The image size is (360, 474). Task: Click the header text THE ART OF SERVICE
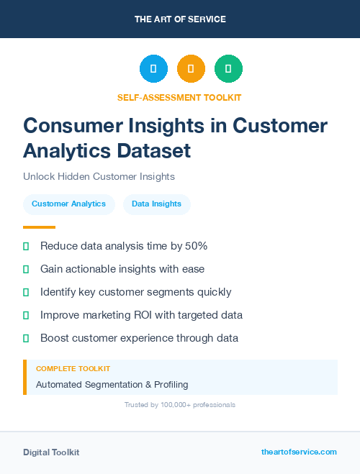point(180,19)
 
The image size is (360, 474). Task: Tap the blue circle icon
point(153,69)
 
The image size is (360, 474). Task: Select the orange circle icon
point(191,69)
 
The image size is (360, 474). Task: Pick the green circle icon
point(228,69)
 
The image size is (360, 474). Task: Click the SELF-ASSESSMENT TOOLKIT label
point(179,97)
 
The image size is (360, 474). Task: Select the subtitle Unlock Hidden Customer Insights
point(99,176)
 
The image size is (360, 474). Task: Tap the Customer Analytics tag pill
point(68,204)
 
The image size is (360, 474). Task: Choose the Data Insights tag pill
point(156,204)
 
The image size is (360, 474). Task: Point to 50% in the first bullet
point(195,246)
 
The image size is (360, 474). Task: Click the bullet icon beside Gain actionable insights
point(26,269)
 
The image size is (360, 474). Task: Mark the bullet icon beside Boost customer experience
point(26,338)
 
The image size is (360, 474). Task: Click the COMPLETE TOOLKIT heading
point(73,368)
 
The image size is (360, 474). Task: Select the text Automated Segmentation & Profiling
point(112,385)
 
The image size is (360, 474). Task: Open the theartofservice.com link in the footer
point(299,452)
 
